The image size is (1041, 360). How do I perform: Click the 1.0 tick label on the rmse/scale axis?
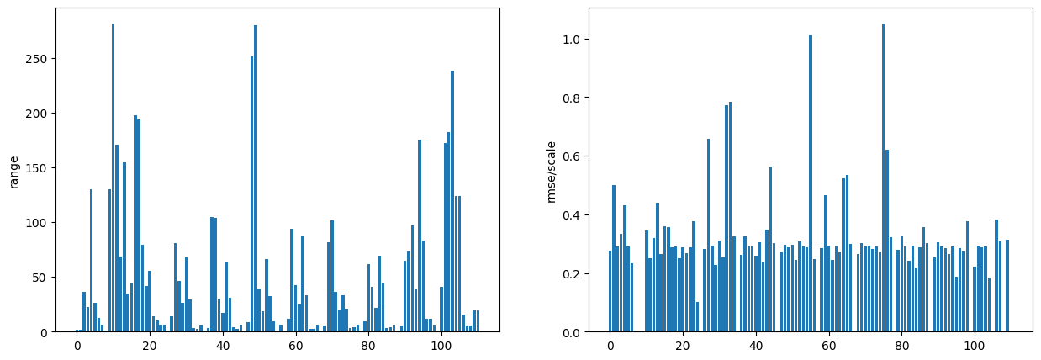pyautogui.click(x=573, y=40)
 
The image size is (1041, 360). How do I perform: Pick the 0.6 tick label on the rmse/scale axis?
pyautogui.click(x=573, y=156)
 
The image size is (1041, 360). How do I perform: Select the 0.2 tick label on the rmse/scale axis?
pyautogui.click(x=573, y=274)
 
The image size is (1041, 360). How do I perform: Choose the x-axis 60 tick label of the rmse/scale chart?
pyautogui.click(x=828, y=345)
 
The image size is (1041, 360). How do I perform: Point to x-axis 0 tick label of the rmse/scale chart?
pyautogui.click(x=610, y=345)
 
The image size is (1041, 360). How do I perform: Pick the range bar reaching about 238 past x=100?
pyautogui.click(x=452, y=202)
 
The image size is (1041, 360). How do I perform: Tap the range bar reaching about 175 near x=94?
pyautogui.click(x=419, y=236)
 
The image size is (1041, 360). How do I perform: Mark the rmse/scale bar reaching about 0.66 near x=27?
pyautogui.click(x=708, y=236)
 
